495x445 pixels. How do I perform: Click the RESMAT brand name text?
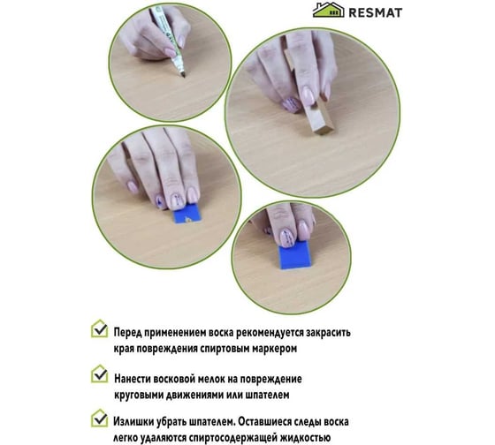376,12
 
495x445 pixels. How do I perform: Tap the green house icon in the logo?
328,10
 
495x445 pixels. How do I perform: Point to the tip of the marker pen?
184,76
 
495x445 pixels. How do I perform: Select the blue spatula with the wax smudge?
188,213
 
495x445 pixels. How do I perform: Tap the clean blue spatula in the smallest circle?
296,255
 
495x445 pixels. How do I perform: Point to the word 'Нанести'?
132,379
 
